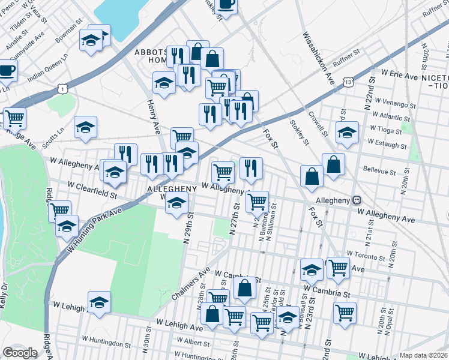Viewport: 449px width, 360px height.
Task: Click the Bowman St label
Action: coord(68,35)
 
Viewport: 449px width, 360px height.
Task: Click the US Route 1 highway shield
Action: coord(62,89)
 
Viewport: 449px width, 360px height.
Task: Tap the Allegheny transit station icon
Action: coord(357,200)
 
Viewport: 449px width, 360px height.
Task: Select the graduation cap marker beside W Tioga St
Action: coord(346,133)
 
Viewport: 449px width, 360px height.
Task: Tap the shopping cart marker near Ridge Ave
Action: coord(14,118)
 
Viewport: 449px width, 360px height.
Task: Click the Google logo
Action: coord(20,353)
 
